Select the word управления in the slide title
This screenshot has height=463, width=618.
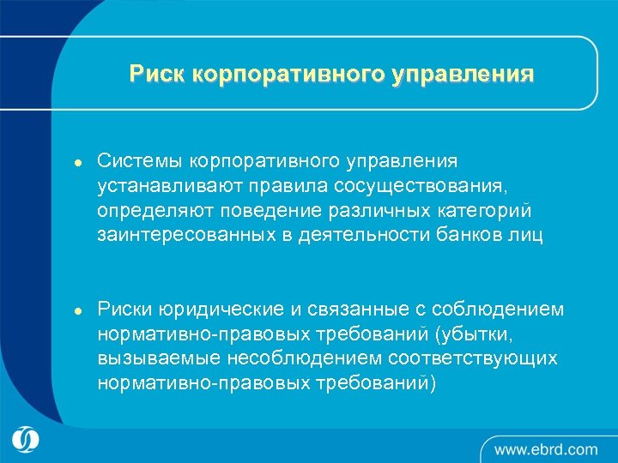click(463, 74)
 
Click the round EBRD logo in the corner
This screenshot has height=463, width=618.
click(27, 440)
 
